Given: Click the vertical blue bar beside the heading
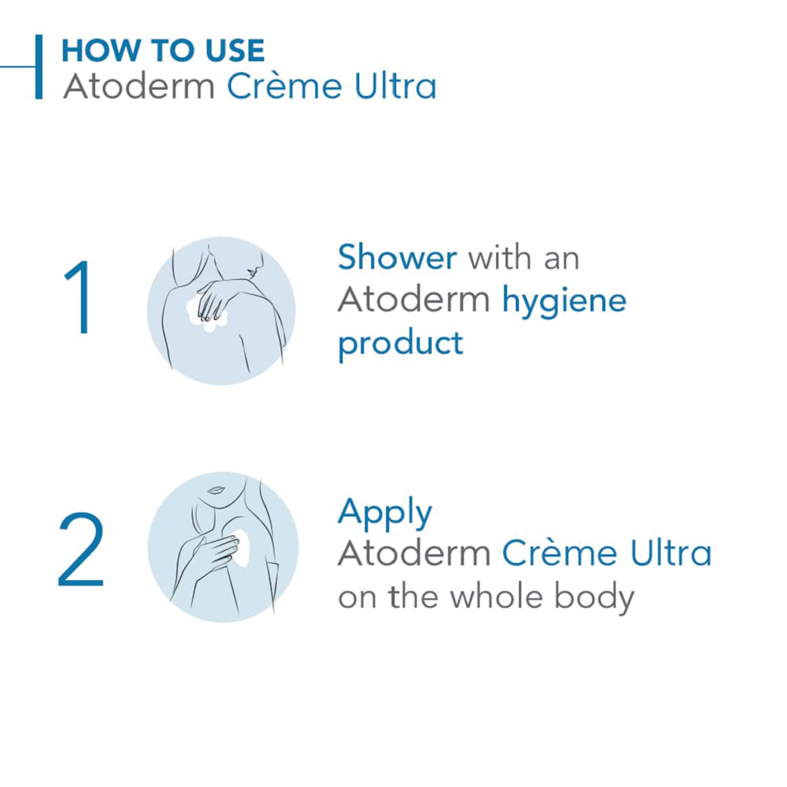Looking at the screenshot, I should pyautogui.click(x=39, y=67).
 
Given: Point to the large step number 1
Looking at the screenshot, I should pyautogui.click(x=79, y=298).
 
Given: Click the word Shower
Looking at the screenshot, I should pyautogui.click(x=397, y=257).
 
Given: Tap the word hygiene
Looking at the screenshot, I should pyautogui.click(x=564, y=302).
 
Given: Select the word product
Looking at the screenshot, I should pyautogui.click(x=400, y=344).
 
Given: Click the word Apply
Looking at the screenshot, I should pyautogui.click(x=385, y=513).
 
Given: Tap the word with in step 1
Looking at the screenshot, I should pyautogui.click(x=500, y=257).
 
